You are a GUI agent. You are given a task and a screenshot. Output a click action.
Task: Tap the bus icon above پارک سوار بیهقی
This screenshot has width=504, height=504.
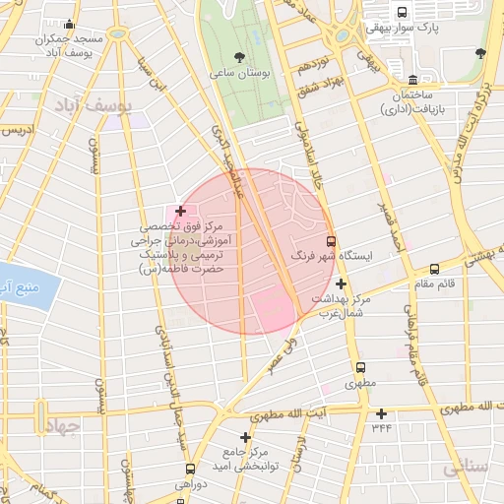(x=402, y=12)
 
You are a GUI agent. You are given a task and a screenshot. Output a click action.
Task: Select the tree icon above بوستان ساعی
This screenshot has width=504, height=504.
(x=242, y=56)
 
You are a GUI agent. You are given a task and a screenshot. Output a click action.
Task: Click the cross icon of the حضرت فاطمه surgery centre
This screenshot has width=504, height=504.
(x=180, y=211)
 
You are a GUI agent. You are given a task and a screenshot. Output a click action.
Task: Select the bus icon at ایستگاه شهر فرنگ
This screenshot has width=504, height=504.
(x=330, y=239)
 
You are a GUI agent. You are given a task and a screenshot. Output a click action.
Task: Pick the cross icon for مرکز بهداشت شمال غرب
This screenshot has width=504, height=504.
(x=341, y=283)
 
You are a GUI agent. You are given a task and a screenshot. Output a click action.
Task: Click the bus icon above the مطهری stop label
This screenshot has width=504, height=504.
(x=360, y=368)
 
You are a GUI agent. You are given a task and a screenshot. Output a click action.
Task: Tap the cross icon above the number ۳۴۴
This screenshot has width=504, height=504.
(x=381, y=413)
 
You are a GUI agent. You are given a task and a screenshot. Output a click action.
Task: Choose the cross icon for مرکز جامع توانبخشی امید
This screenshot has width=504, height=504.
(x=245, y=436)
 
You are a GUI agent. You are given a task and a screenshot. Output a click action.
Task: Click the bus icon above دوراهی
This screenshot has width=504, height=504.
(x=189, y=469)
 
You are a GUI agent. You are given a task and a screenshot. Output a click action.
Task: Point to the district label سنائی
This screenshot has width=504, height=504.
(x=464, y=469)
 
